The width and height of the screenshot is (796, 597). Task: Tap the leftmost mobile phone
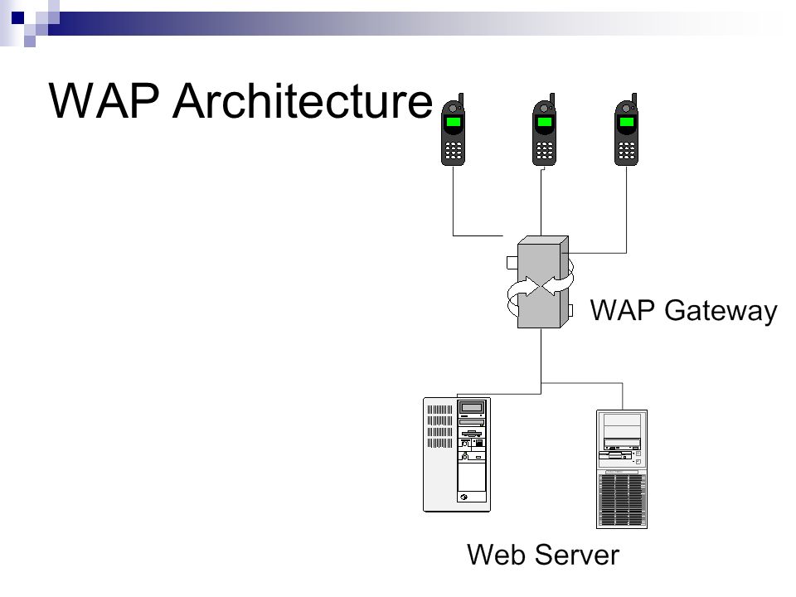click(x=453, y=129)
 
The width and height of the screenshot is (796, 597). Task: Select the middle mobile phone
click(x=544, y=129)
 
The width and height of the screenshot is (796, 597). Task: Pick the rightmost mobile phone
click(x=627, y=129)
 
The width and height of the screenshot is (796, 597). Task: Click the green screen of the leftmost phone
click(x=453, y=122)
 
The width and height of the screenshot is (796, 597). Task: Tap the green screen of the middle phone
click(x=545, y=122)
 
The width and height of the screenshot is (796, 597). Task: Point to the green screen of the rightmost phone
click(x=627, y=122)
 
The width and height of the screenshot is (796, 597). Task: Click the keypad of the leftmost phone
click(x=454, y=150)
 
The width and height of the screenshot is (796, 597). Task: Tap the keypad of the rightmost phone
click(x=627, y=150)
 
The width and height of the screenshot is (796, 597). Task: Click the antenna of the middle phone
click(x=552, y=99)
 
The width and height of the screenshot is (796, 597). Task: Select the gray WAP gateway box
click(x=542, y=282)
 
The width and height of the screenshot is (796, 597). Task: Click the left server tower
click(x=457, y=454)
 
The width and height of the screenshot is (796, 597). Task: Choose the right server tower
click(x=622, y=469)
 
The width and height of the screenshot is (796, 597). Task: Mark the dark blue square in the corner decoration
click(x=17, y=17)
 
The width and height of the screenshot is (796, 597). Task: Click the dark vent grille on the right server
click(x=622, y=500)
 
